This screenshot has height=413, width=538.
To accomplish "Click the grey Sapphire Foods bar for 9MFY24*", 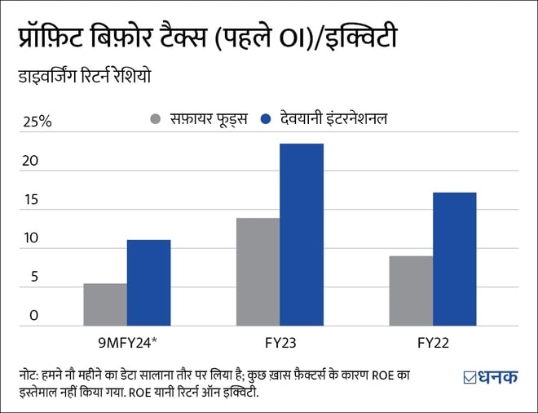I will [105, 304].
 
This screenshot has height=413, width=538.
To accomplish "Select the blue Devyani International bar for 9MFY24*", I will [148, 282].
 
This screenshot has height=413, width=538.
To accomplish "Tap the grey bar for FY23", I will [258, 272].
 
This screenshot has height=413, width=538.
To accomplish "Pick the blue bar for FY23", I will [302, 234].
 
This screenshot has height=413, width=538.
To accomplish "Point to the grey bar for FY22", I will [411, 291].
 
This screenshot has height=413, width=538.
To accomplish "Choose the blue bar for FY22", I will [454, 259].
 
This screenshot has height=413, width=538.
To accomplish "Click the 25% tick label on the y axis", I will [35, 122].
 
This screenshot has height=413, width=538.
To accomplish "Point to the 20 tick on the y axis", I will [30, 161].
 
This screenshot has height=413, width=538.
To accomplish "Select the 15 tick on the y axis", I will [29, 200].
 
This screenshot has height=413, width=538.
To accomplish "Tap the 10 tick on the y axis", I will [29, 238].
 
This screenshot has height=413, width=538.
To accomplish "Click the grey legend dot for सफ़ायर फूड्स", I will [156, 119].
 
